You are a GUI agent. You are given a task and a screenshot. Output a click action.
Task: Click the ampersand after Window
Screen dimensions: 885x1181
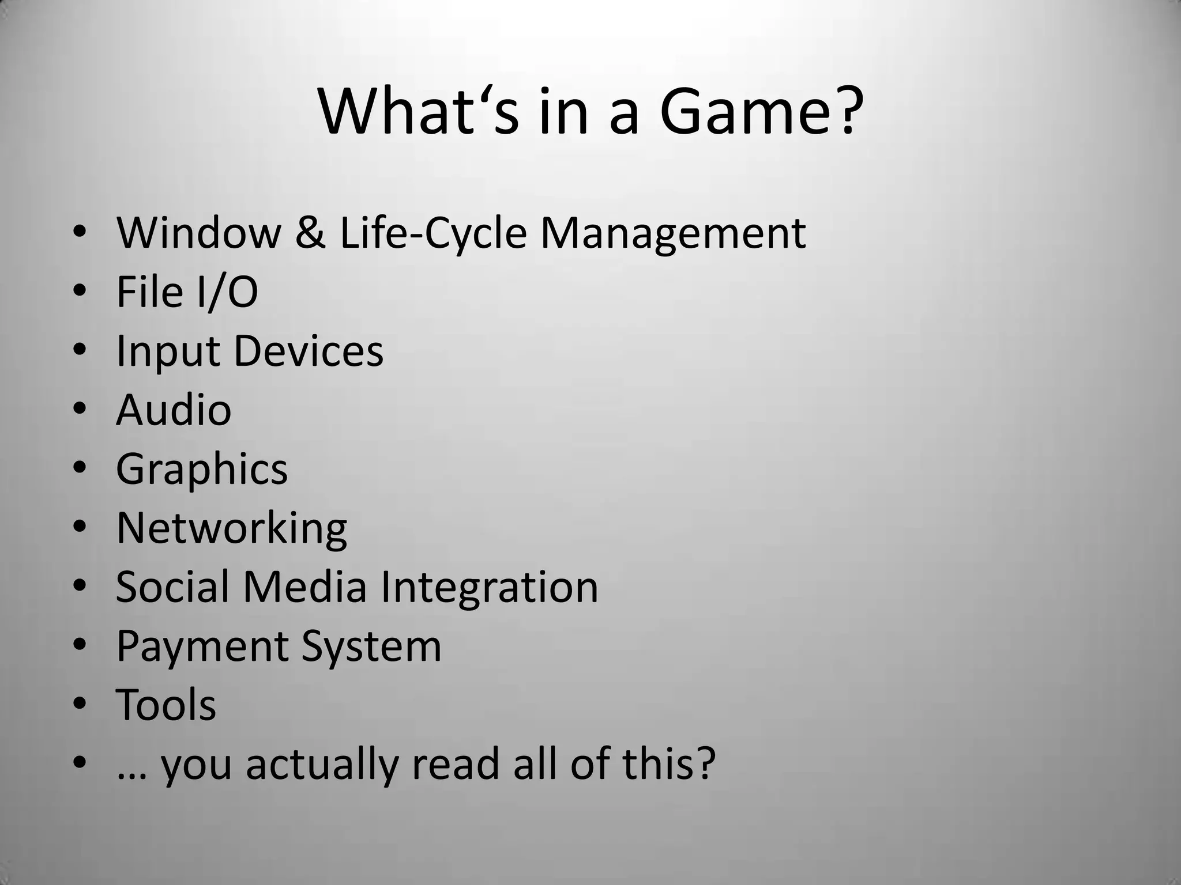[310, 233]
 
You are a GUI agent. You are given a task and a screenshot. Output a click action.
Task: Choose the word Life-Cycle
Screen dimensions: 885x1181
[433, 233]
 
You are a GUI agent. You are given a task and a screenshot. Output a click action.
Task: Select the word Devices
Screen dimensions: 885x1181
[309, 351]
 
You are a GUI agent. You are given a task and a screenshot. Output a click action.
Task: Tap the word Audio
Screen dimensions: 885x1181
[174, 410]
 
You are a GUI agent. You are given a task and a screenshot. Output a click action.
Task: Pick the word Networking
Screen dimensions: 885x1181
[231, 528]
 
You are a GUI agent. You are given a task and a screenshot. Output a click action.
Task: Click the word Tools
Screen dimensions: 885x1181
[166, 705]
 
